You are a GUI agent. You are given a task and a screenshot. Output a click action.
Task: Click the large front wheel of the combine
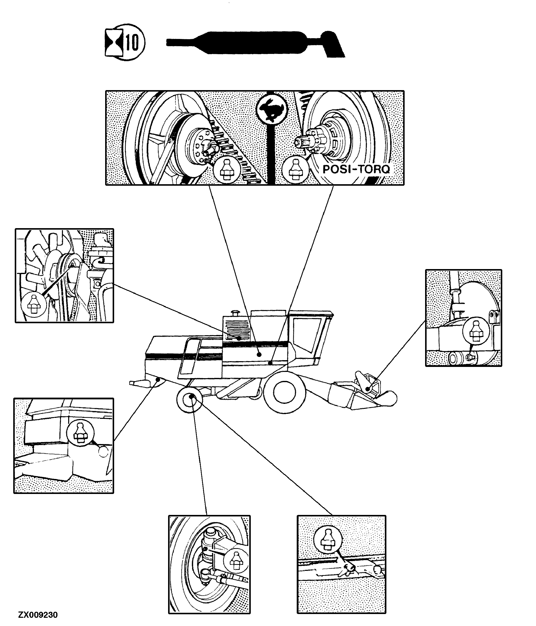(284, 392)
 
